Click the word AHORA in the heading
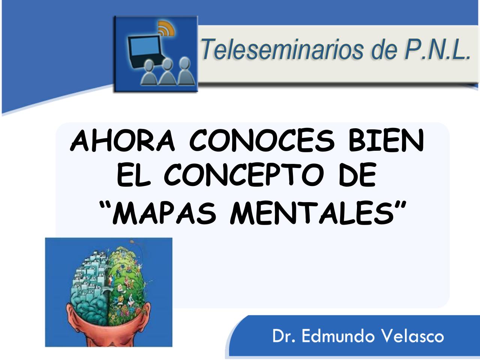tap(123, 141)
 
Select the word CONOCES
tap(261, 141)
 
